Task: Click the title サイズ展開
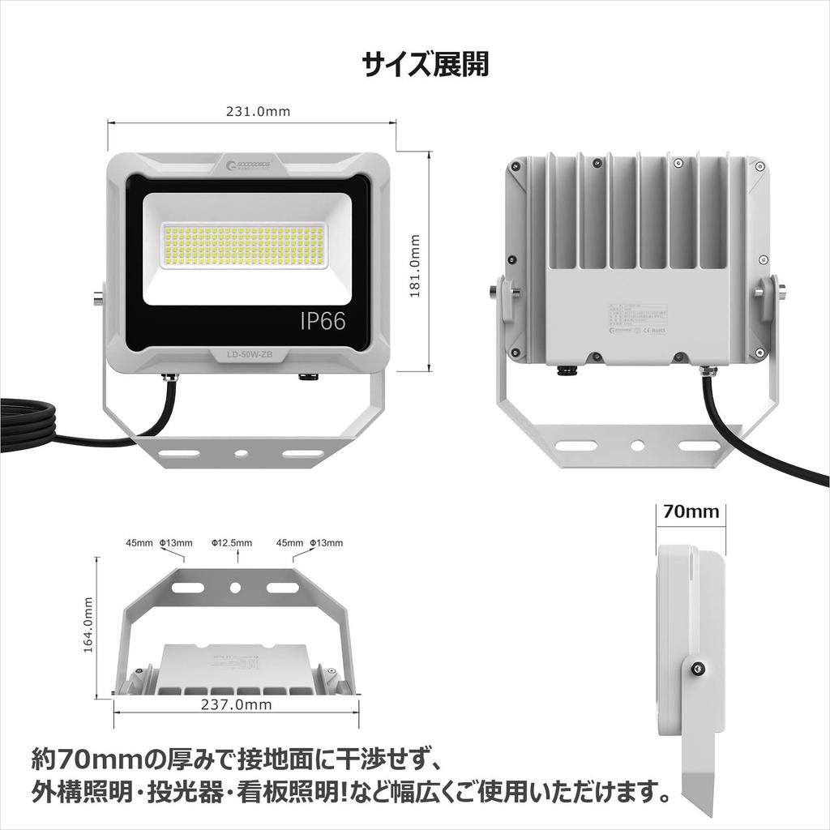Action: point(425,64)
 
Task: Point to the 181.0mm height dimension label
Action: point(414,267)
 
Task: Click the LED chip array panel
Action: point(244,246)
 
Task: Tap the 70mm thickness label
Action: point(691,511)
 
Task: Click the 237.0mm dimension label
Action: point(236,704)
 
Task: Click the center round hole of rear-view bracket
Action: point(638,445)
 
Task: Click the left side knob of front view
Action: point(97,297)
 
